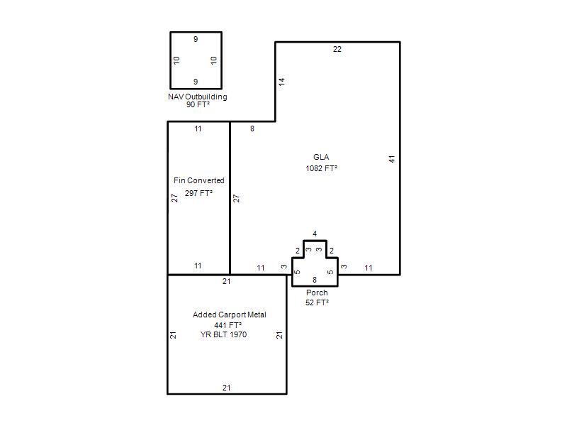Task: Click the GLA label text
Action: [x=321, y=157]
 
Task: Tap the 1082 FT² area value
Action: [x=322, y=168]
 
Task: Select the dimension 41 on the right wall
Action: [x=392, y=158]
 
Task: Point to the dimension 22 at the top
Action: [x=337, y=49]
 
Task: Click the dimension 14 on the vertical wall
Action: [x=281, y=82]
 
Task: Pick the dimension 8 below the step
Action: [x=252, y=129]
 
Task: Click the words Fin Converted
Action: [x=199, y=180]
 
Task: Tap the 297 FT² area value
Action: [x=198, y=193]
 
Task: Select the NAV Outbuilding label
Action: [x=198, y=97]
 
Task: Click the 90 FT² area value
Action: [x=198, y=104]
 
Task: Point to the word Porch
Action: [x=317, y=293]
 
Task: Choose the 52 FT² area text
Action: [x=317, y=302]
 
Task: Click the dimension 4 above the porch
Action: [x=315, y=234]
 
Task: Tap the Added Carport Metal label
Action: [x=229, y=315]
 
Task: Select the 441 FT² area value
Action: [x=228, y=325]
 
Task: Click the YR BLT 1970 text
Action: [x=223, y=334]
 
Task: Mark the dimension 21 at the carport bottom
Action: [x=226, y=388]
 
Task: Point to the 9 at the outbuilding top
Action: [x=196, y=39]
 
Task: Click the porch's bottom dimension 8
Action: [x=315, y=280]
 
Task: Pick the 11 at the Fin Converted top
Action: [x=198, y=129]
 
